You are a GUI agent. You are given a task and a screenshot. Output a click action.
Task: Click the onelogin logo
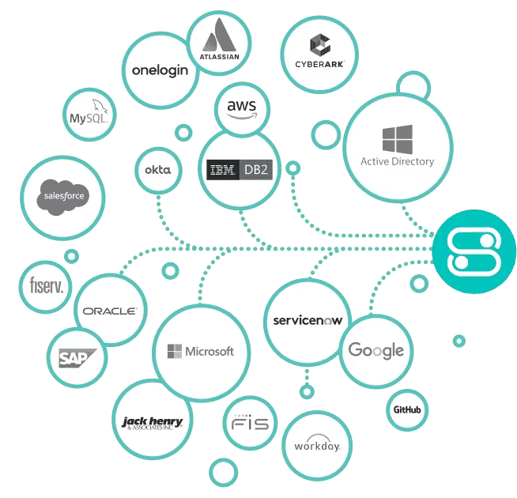click(x=160, y=70)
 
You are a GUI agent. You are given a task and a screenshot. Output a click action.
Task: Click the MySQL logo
click(x=89, y=116)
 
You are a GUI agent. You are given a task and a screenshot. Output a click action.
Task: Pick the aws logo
click(x=241, y=109)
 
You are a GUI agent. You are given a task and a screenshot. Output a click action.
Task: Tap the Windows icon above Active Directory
click(x=397, y=138)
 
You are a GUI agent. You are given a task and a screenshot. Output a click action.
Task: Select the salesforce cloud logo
click(x=63, y=196)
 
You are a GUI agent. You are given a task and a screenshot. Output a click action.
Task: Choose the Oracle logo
click(x=111, y=311)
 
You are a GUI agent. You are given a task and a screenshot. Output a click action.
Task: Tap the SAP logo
click(x=77, y=358)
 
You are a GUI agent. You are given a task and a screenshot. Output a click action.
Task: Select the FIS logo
click(x=251, y=424)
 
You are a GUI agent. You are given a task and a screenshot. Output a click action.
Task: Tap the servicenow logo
click(x=305, y=320)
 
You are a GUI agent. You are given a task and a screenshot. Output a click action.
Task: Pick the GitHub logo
click(x=406, y=409)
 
